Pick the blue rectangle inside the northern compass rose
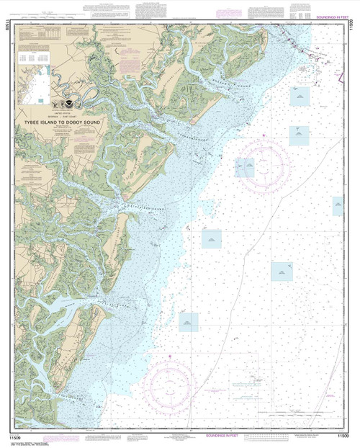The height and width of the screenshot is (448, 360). [246, 167]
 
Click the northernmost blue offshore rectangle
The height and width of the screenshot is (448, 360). [299, 94]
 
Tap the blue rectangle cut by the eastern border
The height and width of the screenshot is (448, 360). [337, 206]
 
